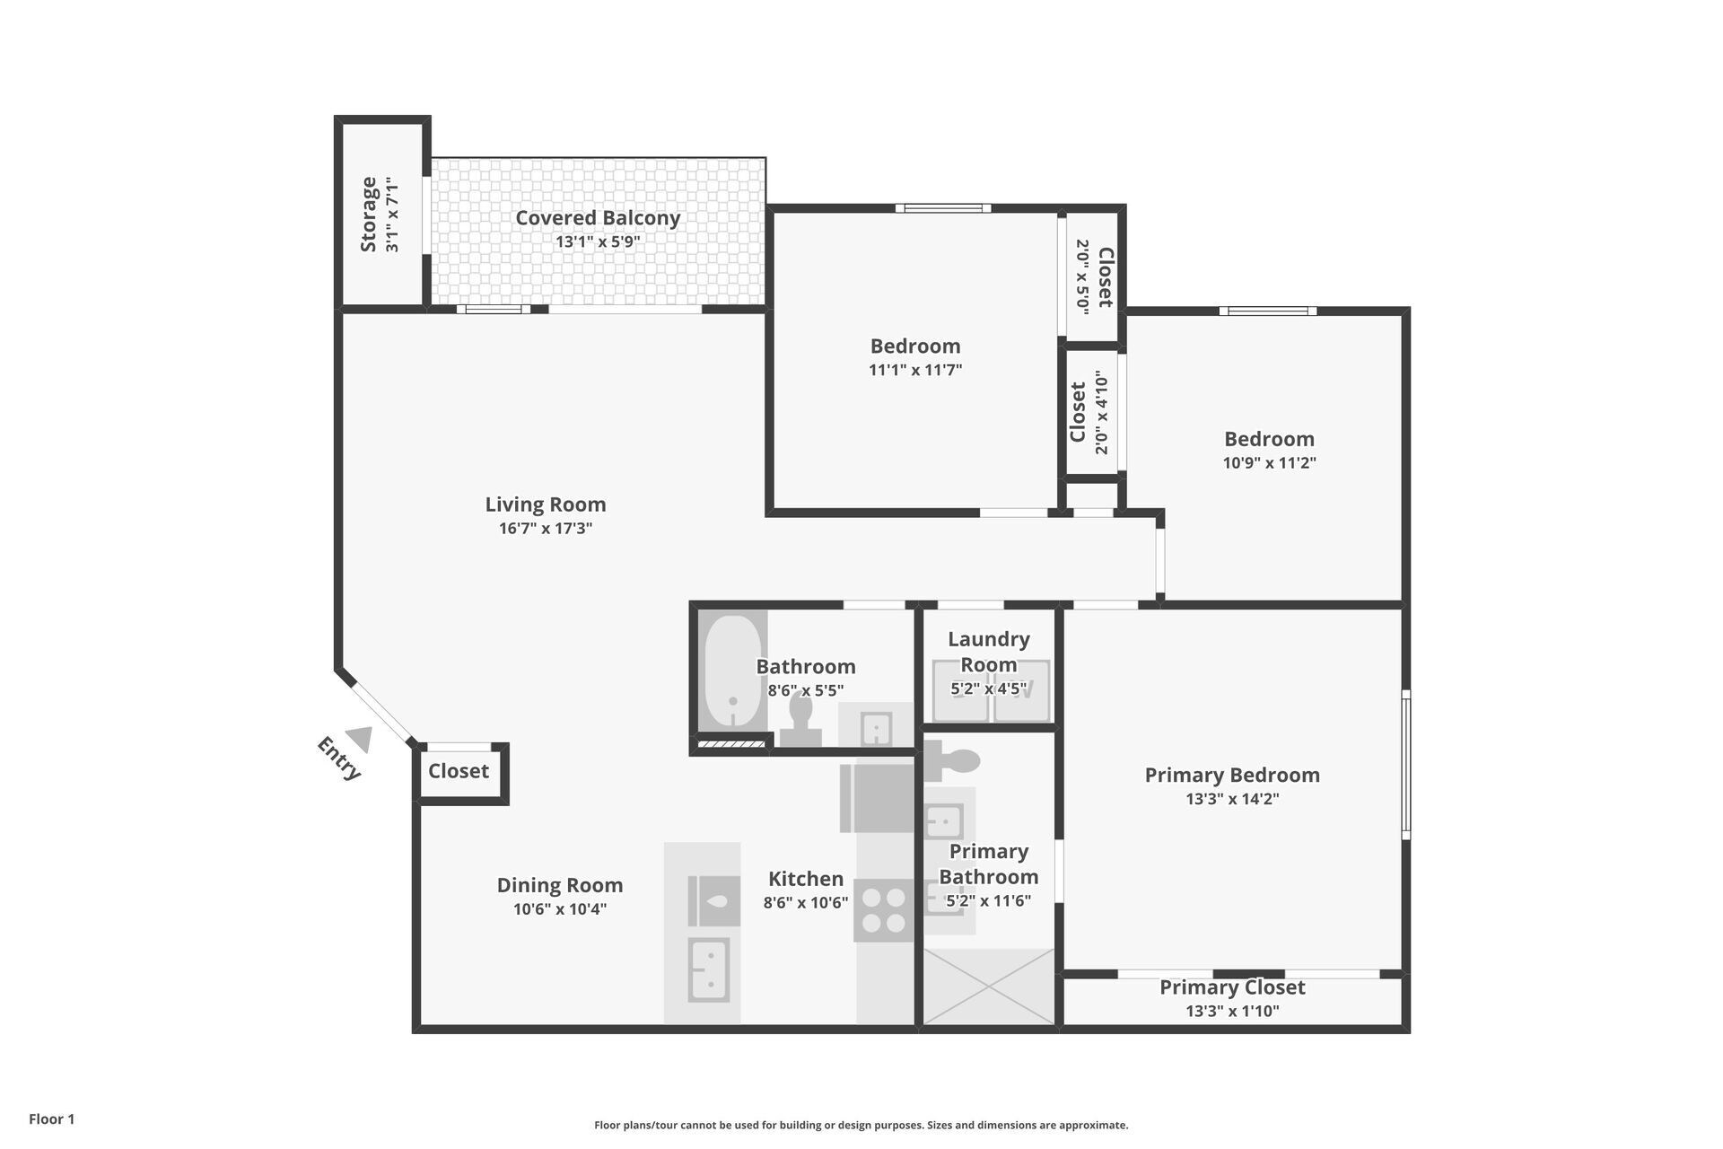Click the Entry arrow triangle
(360, 739)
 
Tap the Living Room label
(546, 504)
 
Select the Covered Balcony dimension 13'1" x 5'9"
(598, 241)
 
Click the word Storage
(368, 215)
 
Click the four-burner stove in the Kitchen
(883, 910)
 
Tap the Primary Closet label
(1231, 987)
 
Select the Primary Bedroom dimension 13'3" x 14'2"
(1231, 799)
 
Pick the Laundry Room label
(988, 652)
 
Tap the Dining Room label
(559, 885)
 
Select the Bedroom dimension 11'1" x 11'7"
(915, 370)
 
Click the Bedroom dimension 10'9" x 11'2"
(1269, 463)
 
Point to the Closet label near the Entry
(459, 771)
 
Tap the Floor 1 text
(52, 1118)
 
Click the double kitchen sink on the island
(708, 969)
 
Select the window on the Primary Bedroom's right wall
(1405, 764)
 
